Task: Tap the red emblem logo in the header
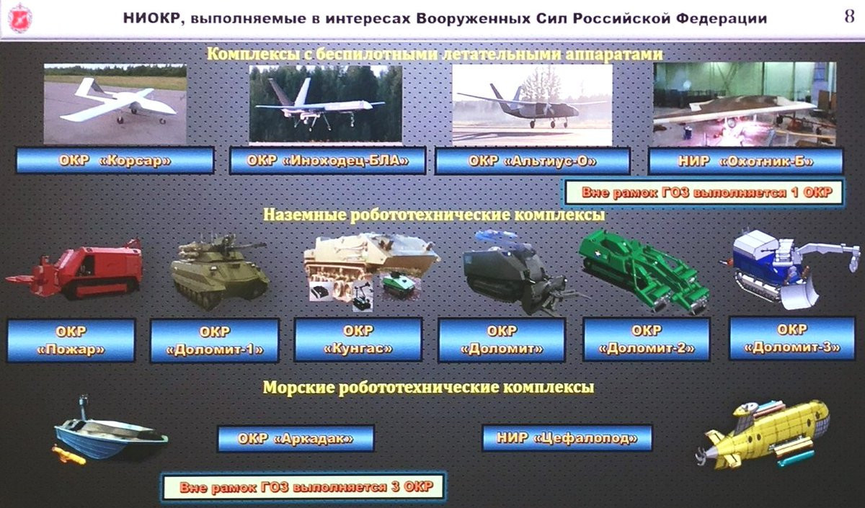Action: point(19,18)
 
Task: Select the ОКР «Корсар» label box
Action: point(115,161)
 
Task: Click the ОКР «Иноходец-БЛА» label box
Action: point(327,161)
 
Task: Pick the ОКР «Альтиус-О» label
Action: point(533,161)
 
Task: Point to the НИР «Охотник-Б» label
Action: point(745,161)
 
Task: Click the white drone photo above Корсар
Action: point(115,104)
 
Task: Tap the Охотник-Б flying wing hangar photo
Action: point(745,104)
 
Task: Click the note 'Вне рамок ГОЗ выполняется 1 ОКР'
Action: point(704,192)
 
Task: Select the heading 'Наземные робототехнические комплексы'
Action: point(434,215)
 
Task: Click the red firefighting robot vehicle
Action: point(74,269)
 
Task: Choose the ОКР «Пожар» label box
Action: point(71,340)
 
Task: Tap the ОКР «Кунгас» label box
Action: point(358,339)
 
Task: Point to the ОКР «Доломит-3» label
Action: point(792,339)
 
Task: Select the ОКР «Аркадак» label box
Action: point(296,439)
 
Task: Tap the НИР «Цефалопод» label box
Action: point(567,438)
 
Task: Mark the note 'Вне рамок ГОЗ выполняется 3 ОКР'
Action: point(303,486)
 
